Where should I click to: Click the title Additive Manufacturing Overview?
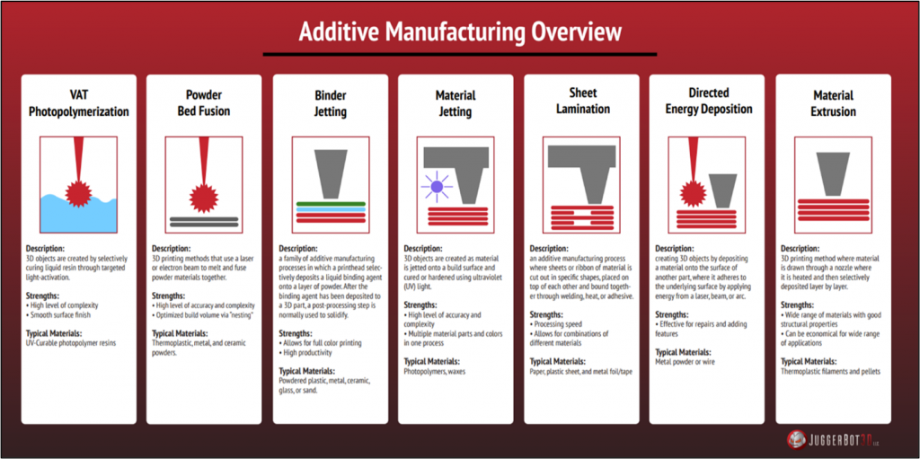point(459,31)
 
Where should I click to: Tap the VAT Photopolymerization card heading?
point(79,103)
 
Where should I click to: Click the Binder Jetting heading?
point(331,102)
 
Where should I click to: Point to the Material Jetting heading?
point(455,102)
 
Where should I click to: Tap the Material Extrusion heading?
point(834,102)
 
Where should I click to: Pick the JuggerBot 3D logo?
point(831,439)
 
